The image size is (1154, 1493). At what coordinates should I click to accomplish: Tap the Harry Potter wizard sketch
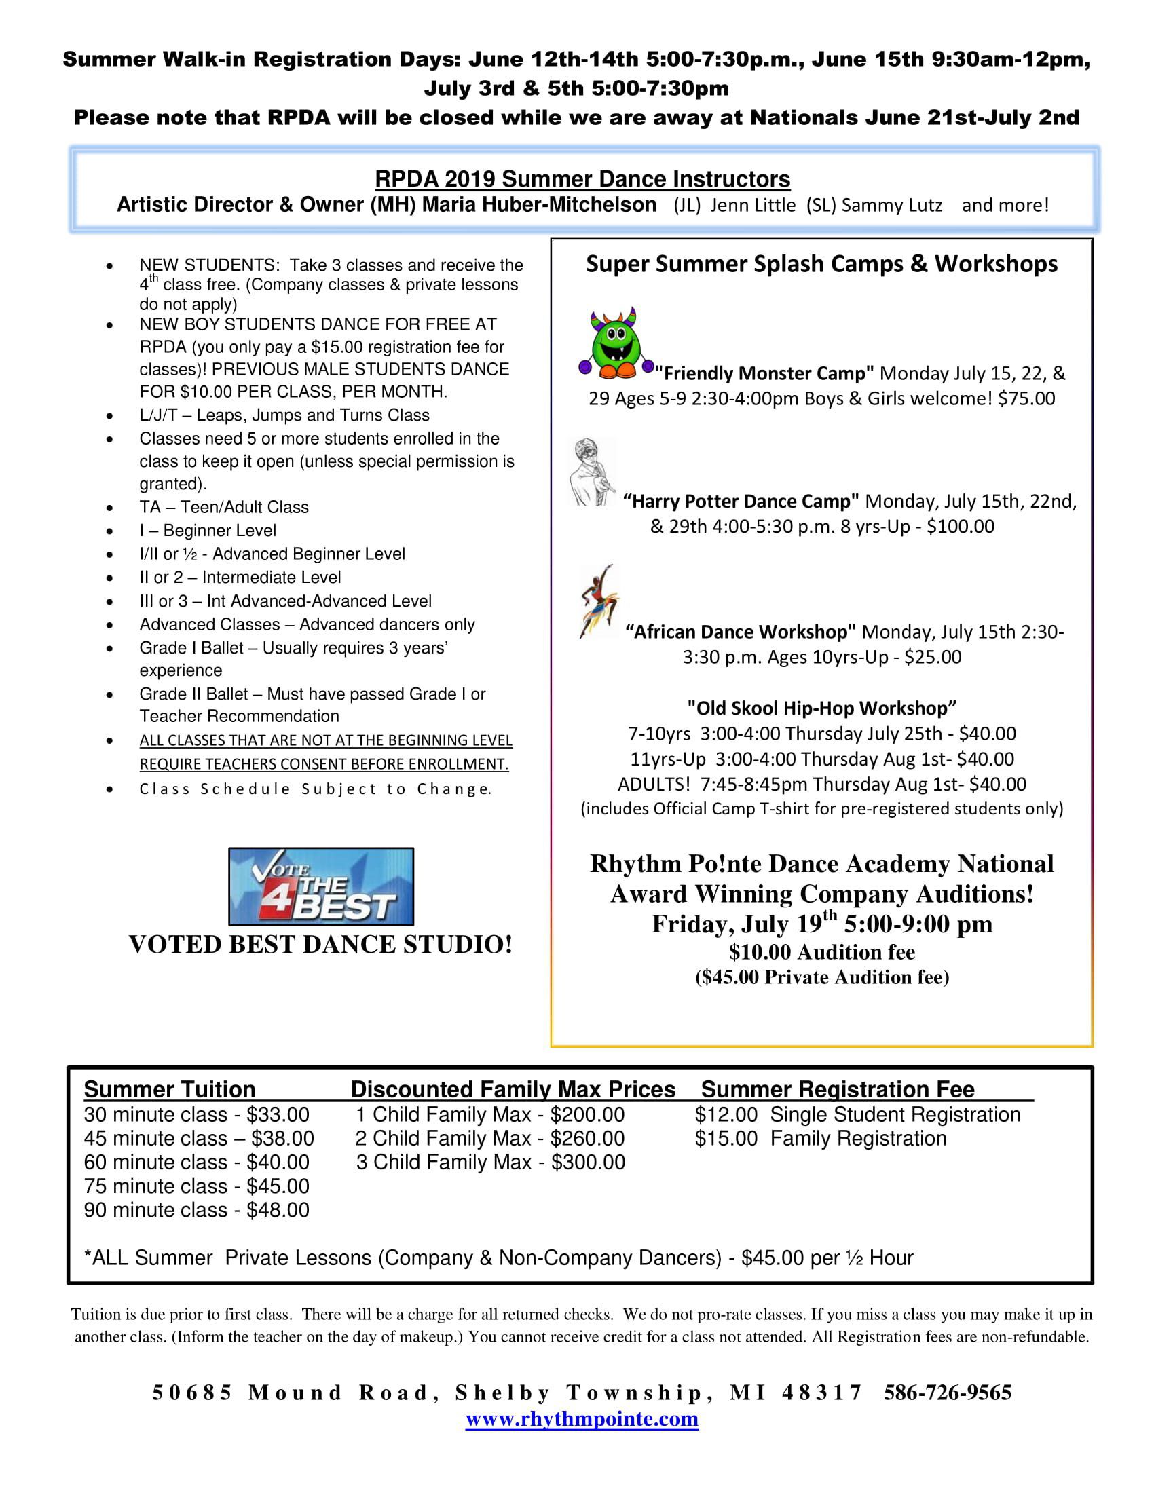tap(592, 472)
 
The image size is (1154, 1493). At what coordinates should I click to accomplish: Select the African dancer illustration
tap(598, 601)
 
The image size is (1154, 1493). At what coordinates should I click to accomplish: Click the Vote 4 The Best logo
tap(320, 887)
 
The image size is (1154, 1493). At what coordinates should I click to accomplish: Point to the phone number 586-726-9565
tap(948, 1393)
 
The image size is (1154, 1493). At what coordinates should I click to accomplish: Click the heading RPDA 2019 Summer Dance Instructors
tap(582, 179)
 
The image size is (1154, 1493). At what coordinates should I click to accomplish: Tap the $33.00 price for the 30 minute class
tap(278, 1115)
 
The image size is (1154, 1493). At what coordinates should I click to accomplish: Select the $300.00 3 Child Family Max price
tap(588, 1162)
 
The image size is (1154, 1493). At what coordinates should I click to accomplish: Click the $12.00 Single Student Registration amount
tap(726, 1115)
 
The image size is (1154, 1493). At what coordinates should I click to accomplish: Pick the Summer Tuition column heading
tap(170, 1089)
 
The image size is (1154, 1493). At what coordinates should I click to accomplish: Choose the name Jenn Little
tap(752, 205)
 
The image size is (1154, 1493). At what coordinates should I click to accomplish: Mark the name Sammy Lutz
tap(891, 205)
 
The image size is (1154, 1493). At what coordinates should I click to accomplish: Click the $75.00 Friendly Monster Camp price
tap(1026, 398)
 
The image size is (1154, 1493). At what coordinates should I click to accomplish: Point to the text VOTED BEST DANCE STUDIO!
tap(320, 945)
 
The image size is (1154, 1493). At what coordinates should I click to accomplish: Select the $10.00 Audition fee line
tap(822, 952)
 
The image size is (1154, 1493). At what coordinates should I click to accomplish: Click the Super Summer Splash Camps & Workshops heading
tap(822, 264)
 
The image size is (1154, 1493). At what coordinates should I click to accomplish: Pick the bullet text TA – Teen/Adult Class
tap(224, 507)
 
